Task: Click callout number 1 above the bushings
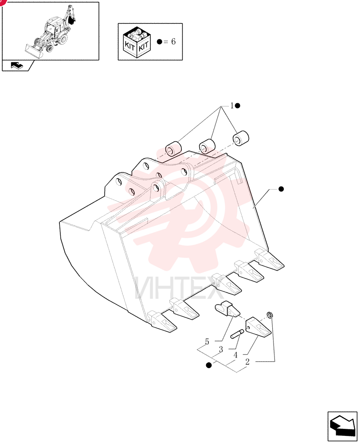[x=232, y=106]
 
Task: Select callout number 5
[x=207, y=342]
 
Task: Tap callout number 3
[x=221, y=350]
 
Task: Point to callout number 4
[x=235, y=355]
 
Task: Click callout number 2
[x=247, y=361]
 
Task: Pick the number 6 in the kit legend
[x=173, y=42]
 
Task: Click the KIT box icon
[x=137, y=42]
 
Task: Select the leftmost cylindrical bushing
[x=173, y=149]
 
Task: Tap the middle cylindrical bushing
[x=207, y=145]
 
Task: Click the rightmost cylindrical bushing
[x=240, y=138]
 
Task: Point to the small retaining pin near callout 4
[x=237, y=334]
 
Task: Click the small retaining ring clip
[x=270, y=315]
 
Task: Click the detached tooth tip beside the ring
[x=258, y=327]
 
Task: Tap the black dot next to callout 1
[x=238, y=106]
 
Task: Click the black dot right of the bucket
[x=281, y=189]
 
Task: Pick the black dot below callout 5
[x=209, y=365]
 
